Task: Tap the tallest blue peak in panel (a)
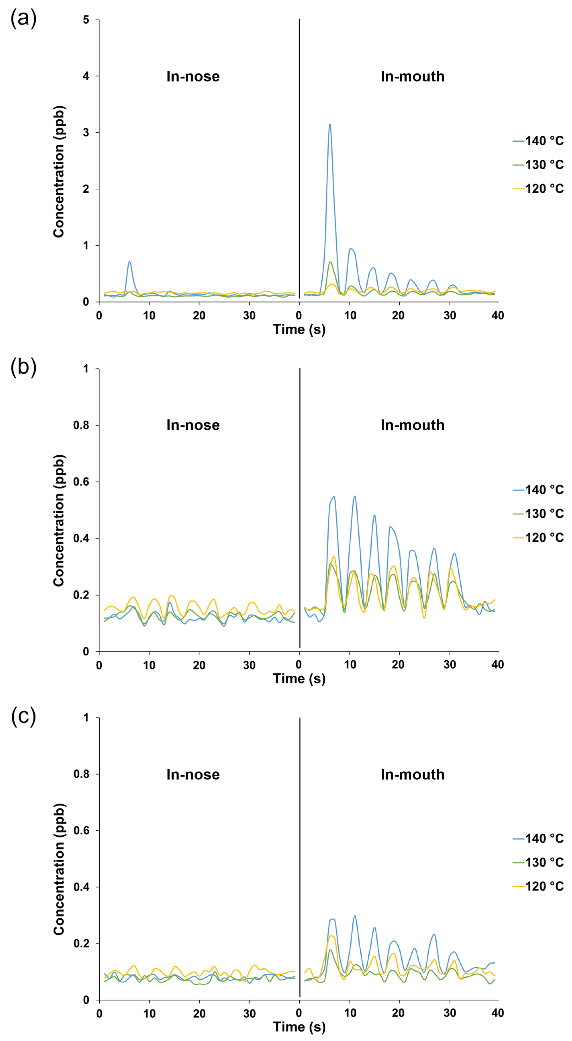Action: pyautogui.click(x=330, y=124)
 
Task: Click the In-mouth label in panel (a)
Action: pyautogui.click(x=412, y=76)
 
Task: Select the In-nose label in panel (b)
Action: pyautogui.click(x=193, y=425)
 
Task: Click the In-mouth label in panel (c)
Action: pyautogui.click(x=412, y=774)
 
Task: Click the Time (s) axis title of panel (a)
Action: pyautogui.click(x=299, y=329)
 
